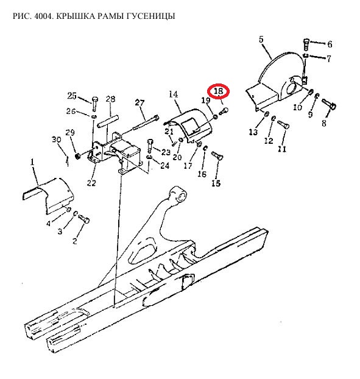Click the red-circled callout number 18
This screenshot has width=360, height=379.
[x=218, y=91]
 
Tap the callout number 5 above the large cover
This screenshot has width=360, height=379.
[x=261, y=40]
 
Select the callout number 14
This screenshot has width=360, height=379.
[x=173, y=94]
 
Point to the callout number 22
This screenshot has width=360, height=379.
[x=91, y=183]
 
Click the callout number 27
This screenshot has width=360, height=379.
[x=139, y=103]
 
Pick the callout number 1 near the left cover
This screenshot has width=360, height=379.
[x=32, y=162]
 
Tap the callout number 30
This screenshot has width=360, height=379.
[x=56, y=140]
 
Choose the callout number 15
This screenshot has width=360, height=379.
[x=216, y=183]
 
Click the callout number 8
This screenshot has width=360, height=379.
[x=324, y=123]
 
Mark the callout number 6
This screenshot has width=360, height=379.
[x=330, y=44]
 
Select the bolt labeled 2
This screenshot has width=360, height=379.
[x=84, y=219]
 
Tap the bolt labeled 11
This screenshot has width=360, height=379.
[x=283, y=124]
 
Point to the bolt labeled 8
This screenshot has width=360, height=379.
[x=329, y=104]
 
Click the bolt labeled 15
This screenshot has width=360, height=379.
[x=217, y=155]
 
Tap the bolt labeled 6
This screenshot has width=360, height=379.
[x=306, y=44]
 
